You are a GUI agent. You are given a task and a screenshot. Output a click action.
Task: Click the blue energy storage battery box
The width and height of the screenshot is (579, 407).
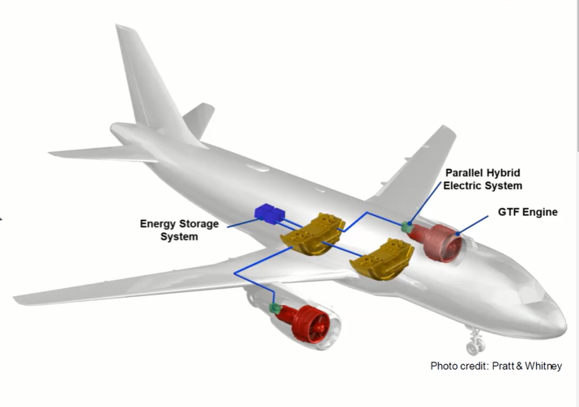269,214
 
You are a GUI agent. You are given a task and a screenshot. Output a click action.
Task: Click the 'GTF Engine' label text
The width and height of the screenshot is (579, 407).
527,213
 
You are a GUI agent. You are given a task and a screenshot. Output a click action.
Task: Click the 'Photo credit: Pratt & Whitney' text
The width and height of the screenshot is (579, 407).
496,366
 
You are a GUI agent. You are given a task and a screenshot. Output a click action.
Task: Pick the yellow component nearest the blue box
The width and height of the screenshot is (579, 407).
312,234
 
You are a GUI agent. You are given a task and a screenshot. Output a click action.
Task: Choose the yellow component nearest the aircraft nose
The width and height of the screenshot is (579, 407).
381,261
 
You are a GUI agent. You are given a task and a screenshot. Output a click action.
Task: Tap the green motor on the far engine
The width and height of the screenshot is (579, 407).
407,227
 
